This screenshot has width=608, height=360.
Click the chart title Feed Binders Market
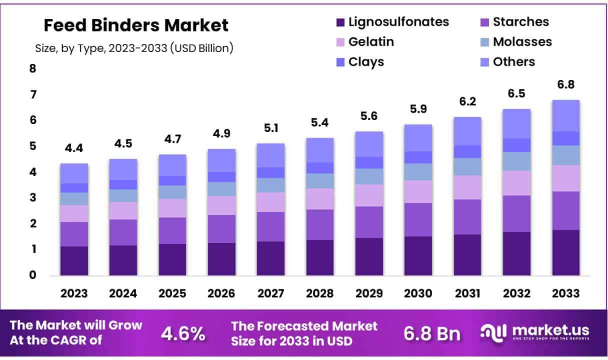[x=136, y=25]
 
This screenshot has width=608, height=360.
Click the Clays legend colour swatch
[x=340, y=62]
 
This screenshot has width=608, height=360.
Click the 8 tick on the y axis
[x=33, y=68]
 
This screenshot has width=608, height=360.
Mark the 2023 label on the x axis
[x=74, y=293]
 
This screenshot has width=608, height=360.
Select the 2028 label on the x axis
[x=320, y=293]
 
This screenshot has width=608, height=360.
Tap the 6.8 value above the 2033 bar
[x=565, y=85]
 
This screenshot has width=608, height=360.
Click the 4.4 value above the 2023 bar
[x=74, y=148]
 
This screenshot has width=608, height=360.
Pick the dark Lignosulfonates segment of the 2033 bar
[x=565, y=252]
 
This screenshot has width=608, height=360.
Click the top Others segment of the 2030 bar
[x=418, y=137]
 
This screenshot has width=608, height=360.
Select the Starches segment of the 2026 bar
[x=221, y=229]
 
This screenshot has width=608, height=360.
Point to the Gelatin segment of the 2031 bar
[x=467, y=187]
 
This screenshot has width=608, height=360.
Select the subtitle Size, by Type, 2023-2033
[x=134, y=48]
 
